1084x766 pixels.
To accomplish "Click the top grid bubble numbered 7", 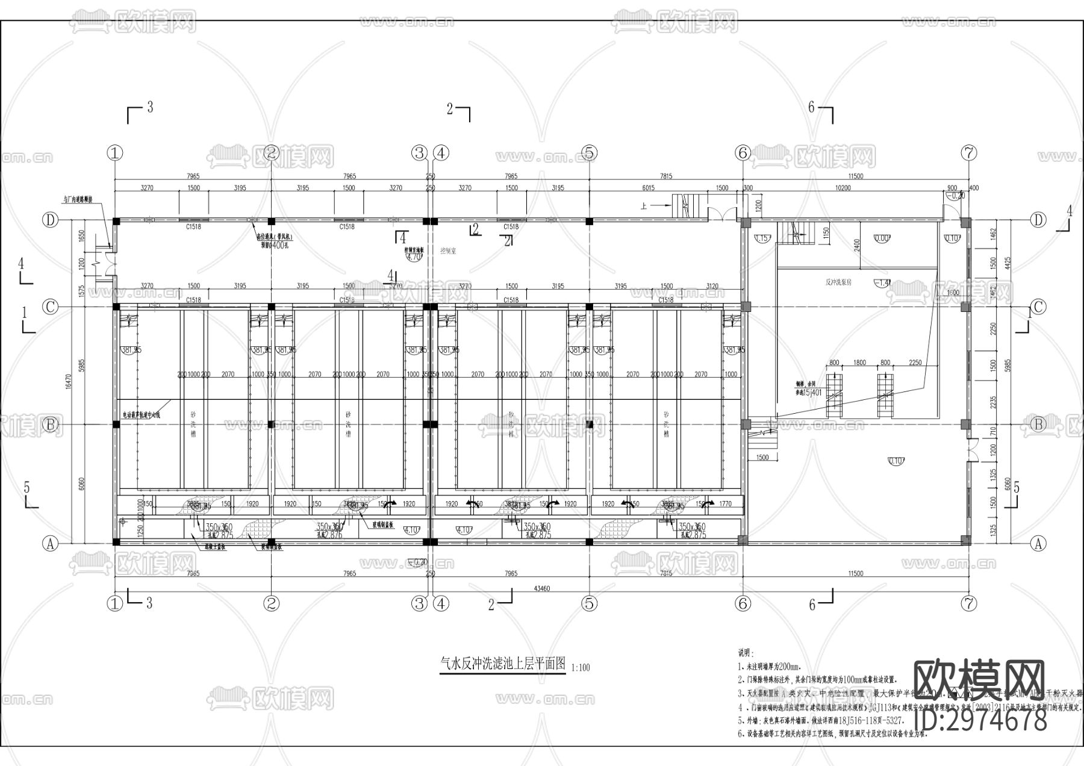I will tap(968, 153).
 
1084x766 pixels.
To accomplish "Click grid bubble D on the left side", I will tap(51, 220).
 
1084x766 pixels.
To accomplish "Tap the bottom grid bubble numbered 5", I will tap(589, 603).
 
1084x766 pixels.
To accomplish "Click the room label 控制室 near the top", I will tap(448, 251).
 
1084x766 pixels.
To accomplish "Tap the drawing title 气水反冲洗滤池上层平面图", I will tap(503, 664).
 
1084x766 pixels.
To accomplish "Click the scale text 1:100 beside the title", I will tap(581, 668).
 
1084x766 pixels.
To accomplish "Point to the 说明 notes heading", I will tap(746, 653).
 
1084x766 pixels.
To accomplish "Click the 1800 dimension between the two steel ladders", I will tap(859, 363).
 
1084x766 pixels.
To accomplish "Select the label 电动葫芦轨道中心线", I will tap(141, 414).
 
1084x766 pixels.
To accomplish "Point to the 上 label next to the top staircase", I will tap(644, 206).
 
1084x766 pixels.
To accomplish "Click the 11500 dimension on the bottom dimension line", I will tap(855, 573).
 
